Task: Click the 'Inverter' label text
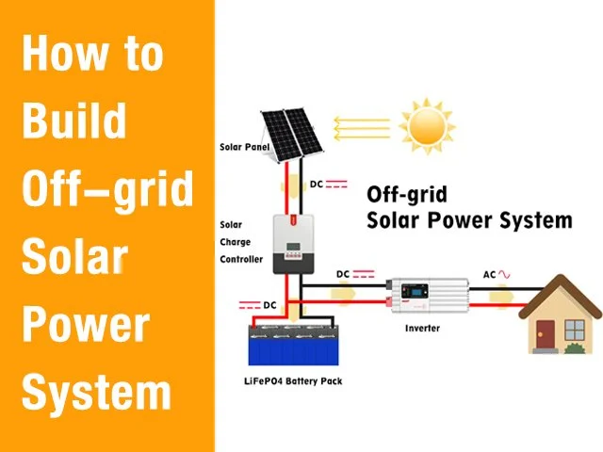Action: click(x=423, y=329)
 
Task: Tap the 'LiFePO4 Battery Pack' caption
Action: click(x=293, y=381)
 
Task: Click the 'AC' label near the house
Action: click(x=489, y=274)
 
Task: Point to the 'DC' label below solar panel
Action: click(x=317, y=184)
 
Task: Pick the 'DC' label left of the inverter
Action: click(x=343, y=274)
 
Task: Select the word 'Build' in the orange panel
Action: click(x=73, y=121)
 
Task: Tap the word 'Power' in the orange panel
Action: click(x=85, y=323)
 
